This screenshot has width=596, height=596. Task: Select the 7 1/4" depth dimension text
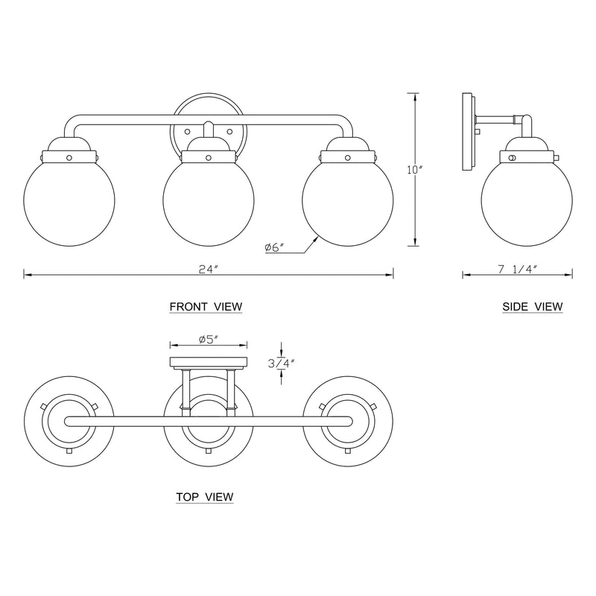pyautogui.click(x=517, y=270)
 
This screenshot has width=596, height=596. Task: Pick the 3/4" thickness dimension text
pyautogui.click(x=282, y=364)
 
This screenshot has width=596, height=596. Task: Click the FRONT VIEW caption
pyautogui.click(x=206, y=306)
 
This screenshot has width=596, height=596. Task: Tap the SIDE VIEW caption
pyautogui.click(x=532, y=306)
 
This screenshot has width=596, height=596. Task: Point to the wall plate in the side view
pyautogui.click(x=468, y=134)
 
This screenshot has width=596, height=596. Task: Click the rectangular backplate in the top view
pyautogui.click(x=209, y=363)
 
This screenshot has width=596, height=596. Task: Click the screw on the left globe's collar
pyautogui.click(x=69, y=157)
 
